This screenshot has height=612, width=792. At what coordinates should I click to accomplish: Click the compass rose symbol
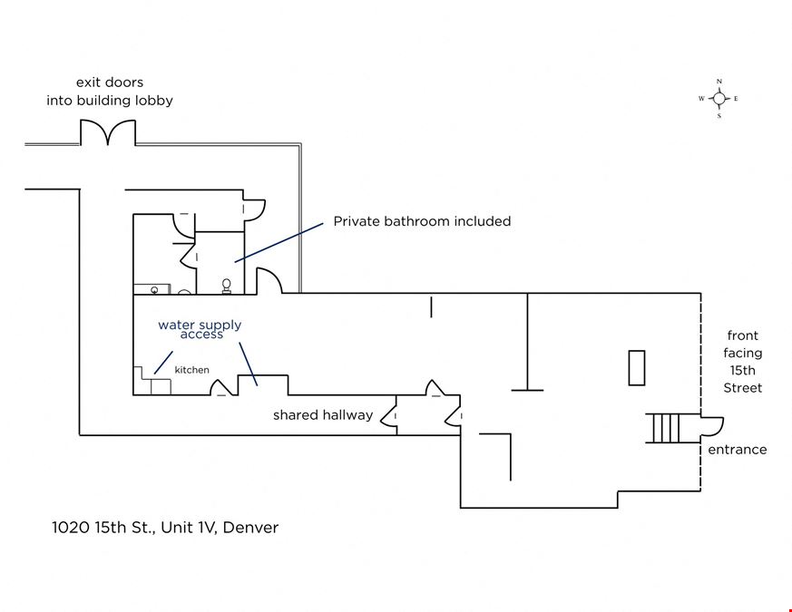(x=719, y=99)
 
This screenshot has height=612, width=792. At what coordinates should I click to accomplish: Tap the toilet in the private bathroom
(x=227, y=287)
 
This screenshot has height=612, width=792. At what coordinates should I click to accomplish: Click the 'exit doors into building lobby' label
(x=110, y=92)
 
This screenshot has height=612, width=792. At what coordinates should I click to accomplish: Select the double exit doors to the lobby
(x=108, y=132)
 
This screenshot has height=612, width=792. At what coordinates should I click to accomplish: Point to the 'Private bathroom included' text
(x=422, y=221)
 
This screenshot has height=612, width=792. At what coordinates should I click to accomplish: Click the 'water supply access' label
(x=200, y=329)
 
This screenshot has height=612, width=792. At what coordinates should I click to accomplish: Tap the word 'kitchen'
(x=192, y=370)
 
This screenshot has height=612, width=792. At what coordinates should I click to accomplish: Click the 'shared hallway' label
(x=323, y=415)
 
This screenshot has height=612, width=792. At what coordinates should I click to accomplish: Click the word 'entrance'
(x=738, y=450)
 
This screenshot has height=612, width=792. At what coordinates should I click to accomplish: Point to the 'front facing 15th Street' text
(x=742, y=362)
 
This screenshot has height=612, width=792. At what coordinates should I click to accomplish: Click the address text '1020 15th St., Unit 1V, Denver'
(x=165, y=528)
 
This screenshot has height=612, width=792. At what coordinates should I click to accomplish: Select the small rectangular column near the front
(x=637, y=368)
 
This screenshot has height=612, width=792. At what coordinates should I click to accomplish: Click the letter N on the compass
(x=719, y=82)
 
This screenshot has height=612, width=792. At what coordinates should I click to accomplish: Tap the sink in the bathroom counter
(x=154, y=290)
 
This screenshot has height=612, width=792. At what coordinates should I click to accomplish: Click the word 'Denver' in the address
(x=250, y=528)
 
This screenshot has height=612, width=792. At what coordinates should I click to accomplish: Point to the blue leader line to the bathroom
(x=279, y=242)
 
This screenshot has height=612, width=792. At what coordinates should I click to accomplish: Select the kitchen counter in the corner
(x=152, y=381)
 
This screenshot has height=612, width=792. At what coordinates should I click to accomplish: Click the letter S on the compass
(x=719, y=116)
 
